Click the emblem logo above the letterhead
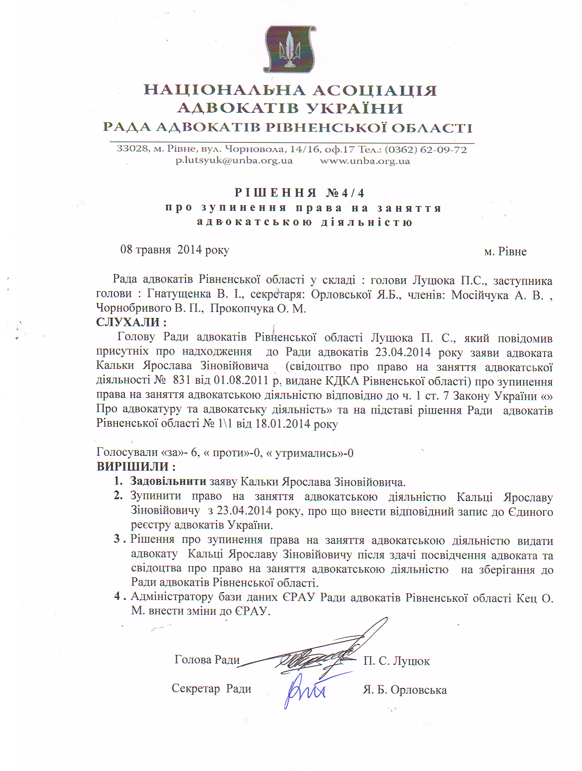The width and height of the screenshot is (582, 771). [x=290, y=49]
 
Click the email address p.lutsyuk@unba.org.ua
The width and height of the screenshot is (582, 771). [x=234, y=161]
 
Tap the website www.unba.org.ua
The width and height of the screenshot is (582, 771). [x=365, y=161]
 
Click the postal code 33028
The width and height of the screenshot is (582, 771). [x=132, y=149]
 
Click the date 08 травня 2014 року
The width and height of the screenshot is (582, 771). [x=175, y=250]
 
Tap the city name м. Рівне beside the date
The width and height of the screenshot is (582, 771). [x=505, y=251]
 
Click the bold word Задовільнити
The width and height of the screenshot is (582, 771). [x=168, y=481]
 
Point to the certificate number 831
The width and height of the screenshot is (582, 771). [x=181, y=380]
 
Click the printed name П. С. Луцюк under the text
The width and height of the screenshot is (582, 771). [x=396, y=661]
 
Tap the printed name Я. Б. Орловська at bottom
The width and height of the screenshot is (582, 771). [x=404, y=690]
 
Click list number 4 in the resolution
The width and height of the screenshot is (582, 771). [x=118, y=596]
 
